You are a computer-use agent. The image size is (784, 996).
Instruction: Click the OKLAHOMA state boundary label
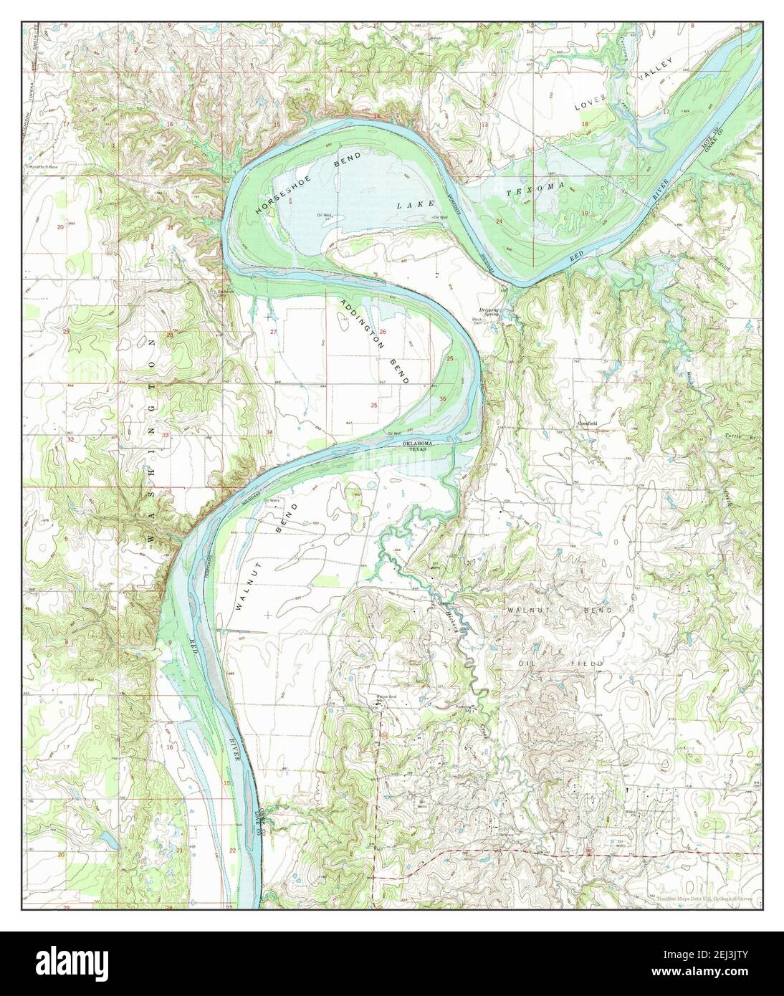tap(418, 444)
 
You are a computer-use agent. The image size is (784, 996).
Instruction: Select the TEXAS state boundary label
tap(418, 450)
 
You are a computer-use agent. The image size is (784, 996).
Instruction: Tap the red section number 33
tap(166, 435)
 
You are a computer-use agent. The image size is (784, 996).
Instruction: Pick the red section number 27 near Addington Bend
tap(273, 332)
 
